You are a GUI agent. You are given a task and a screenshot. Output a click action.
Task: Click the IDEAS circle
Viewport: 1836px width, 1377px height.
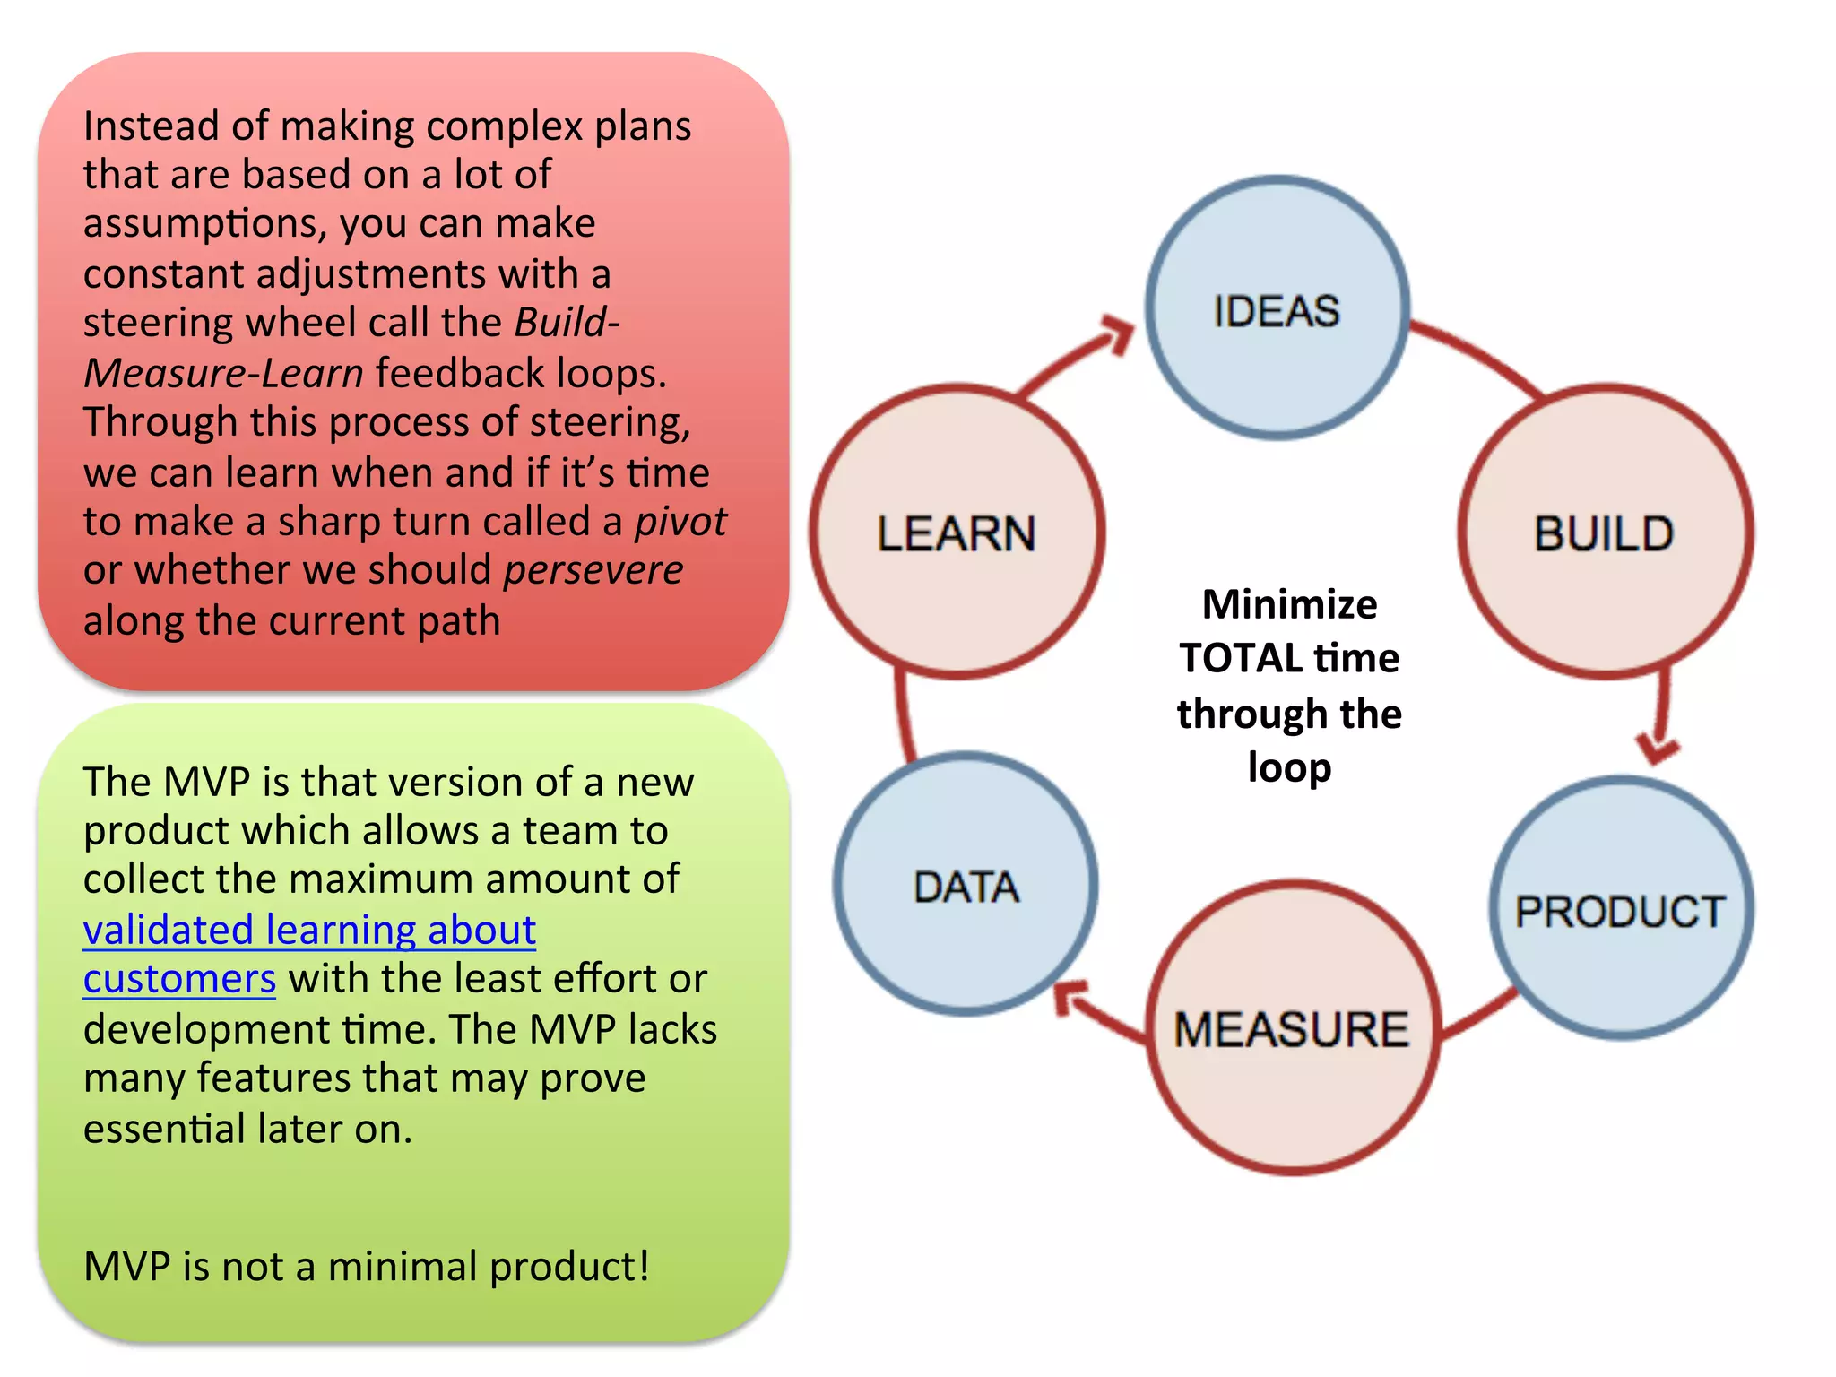point(1277,307)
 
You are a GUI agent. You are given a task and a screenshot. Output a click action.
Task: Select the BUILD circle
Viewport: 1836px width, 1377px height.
point(1605,533)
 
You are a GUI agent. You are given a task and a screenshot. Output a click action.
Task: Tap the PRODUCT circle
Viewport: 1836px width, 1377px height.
point(1621,909)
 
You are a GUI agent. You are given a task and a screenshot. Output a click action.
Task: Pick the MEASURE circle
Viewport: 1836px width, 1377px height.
point(1292,1027)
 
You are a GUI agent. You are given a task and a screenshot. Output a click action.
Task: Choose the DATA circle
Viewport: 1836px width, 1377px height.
point(966,886)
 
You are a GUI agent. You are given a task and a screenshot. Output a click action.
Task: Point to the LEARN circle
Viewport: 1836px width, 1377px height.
point(957,533)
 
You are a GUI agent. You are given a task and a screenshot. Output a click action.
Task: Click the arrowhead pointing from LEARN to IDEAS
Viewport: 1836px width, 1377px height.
point(1117,334)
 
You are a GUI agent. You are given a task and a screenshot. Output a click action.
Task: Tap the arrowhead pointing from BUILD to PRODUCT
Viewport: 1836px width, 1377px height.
point(1657,747)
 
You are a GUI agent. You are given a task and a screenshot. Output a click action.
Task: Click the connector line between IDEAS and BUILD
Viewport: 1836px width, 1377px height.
point(1479,353)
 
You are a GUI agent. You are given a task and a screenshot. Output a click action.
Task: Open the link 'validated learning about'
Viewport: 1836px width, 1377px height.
point(309,930)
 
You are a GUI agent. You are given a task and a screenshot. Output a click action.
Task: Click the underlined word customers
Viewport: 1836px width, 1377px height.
point(179,979)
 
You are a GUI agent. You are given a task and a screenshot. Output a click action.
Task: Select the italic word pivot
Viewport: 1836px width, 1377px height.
point(680,522)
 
